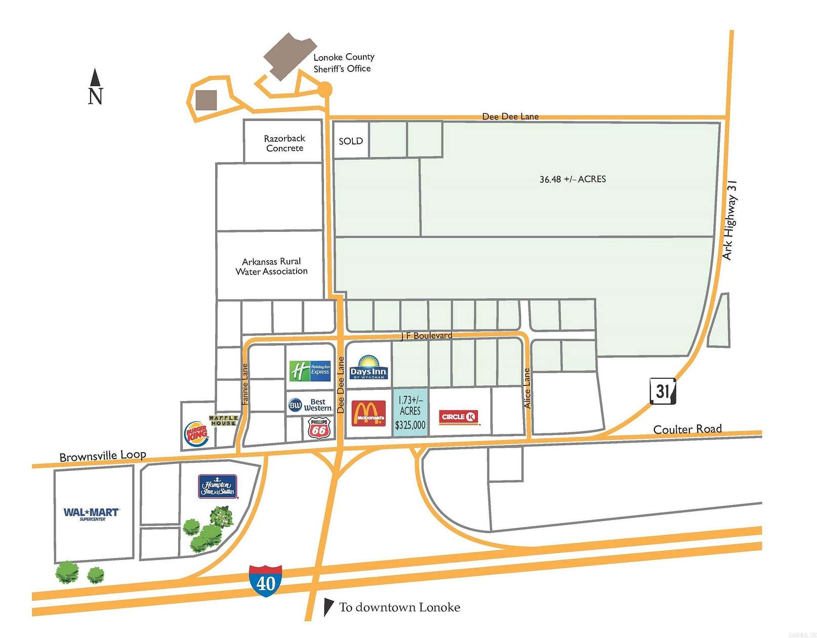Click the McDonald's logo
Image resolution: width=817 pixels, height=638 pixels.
click(x=369, y=413)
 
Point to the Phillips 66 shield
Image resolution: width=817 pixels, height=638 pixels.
click(x=319, y=428)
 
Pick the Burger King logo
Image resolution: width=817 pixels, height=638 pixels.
click(x=196, y=434)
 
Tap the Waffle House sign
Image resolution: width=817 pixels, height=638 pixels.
click(x=223, y=420)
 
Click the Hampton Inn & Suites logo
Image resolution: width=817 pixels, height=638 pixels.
click(x=218, y=486)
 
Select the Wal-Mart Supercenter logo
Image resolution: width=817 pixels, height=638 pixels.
click(x=92, y=513)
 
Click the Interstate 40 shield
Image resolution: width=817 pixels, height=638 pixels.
click(x=265, y=581)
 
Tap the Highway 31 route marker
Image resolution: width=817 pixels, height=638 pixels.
click(x=662, y=391)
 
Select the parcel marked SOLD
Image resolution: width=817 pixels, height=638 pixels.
click(x=351, y=141)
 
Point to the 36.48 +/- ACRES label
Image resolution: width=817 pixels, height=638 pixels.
click(x=573, y=179)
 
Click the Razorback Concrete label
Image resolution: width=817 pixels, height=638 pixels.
click(x=284, y=143)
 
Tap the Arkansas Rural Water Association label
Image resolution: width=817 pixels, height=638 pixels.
click(x=271, y=266)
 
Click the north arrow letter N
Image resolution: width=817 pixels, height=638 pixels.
click(x=95, y=96)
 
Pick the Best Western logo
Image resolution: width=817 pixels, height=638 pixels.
click(x=310, y=405)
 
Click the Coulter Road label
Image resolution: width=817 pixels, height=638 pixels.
click(x=687, y=429)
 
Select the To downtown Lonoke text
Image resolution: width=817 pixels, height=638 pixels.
click(x=399, y=607)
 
